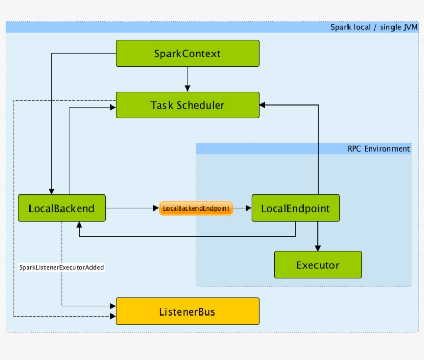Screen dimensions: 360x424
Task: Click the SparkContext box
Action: tap(187, 53)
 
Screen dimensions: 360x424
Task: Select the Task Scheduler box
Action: tap(187, 105)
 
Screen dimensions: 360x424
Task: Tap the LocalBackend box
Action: tap(62, 208)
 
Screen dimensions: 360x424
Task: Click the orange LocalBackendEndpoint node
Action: tap(196, 208)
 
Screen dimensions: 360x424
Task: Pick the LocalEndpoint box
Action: tap(295, 208)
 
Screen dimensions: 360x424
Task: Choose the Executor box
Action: tap(317, 265)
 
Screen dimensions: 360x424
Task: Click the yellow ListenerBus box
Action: tap(187, 311)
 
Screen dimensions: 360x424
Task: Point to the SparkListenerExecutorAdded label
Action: tap(62, 268)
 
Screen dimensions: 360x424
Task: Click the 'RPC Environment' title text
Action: tap(378, 149)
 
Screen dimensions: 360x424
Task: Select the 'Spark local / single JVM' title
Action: tap(374, 27)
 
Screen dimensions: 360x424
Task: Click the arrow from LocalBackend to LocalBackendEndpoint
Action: tap(132, 208)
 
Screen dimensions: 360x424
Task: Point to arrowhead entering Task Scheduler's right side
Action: tap(262, 105)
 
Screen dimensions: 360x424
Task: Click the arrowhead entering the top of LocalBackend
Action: tap(51, 191)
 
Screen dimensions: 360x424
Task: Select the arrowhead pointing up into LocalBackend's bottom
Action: tap(79, 224)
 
